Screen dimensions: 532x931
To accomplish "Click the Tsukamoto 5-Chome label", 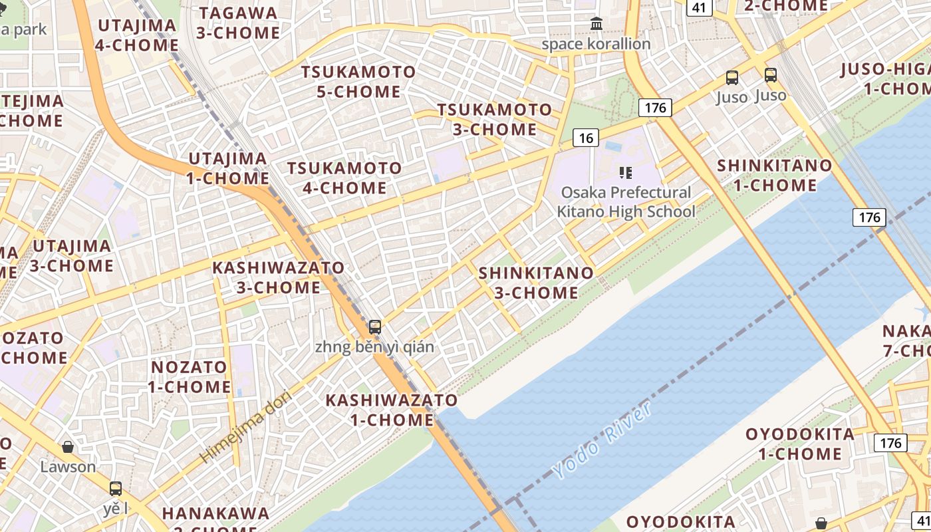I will pyautogui.click(x=358, y=82).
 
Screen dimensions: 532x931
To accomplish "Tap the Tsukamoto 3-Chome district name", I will pyautogui.click(x=495, y=119).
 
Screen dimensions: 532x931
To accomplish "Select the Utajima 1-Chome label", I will pyautogui.click(x=228, y=168).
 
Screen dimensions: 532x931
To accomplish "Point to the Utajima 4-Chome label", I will pyautogui.click(x=137, y=35).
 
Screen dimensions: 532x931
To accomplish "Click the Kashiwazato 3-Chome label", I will pyautogui.click(x=279, y=277).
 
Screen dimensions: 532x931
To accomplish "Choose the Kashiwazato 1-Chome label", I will pyautogui.click(x=392, y=410).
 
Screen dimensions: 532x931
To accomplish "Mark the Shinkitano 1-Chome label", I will pyautogui.click(x=774, y=175).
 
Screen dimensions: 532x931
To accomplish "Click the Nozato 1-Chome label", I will pyautogui.click(x=190, y=376).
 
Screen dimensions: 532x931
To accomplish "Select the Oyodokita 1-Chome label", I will pyautogui.click(x=800, y=444).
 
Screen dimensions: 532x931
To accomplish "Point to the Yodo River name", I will pyautogui.click(x=602, y=440).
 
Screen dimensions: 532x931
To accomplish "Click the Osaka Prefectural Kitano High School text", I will pyautogui.click(x=626, y=202).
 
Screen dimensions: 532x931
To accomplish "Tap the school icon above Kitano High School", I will pyautogui.click(x=625, y=173).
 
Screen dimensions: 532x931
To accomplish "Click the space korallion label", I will pyautogui.click(x=596, y=45).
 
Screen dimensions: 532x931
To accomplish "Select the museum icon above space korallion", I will pyautogui.click(x=597, y=25).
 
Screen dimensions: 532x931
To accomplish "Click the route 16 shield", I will pyautogui.click(x=585, y=138).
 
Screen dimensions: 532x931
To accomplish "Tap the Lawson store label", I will pyautogui.click(x=68, y=466).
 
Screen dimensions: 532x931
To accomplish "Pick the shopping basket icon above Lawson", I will pyautogui.click(x=68, y=447).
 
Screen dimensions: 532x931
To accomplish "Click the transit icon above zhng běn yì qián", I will pyautogui.click(x=375, y=327).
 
